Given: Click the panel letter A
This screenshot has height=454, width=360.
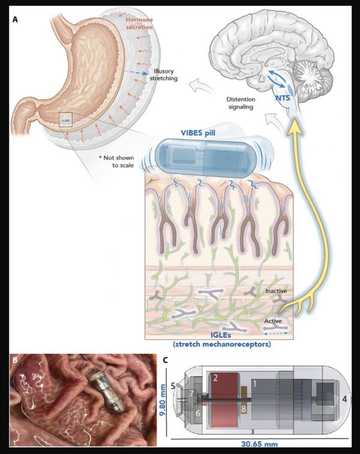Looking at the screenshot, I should click(14, 20).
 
